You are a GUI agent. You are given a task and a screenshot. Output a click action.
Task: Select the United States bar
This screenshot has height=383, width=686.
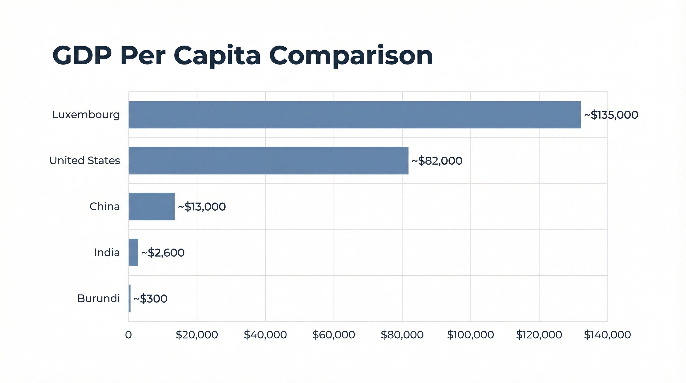coord(268,161)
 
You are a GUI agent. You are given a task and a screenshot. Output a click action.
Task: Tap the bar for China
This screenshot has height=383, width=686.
coord(152,206)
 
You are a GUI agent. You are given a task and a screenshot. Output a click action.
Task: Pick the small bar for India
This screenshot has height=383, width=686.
coord(133,253)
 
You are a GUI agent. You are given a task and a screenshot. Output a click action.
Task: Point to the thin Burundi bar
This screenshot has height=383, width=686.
coord(130,298)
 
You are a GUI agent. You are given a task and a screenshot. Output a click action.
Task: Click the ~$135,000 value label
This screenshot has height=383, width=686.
coord(611,115)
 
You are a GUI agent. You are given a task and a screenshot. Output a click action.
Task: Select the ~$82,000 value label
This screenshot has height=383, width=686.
coord(437,161)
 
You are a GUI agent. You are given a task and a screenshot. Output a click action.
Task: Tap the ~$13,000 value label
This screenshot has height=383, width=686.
coord(202,207)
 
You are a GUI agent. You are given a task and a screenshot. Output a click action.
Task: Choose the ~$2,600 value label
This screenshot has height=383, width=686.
coord(163,253)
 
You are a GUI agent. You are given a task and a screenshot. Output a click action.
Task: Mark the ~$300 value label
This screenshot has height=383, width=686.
coord(151,298)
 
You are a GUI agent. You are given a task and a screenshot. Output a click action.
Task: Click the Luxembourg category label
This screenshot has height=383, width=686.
coord(86,115)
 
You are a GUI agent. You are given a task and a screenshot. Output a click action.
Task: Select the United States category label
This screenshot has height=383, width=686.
coord(85,161)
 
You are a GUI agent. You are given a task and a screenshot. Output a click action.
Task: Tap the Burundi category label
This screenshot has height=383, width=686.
coord(98,298)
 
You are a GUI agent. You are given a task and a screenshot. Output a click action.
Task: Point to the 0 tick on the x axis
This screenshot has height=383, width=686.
coord(128,335)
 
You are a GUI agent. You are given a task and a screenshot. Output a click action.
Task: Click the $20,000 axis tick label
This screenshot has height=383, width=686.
coord(197,335)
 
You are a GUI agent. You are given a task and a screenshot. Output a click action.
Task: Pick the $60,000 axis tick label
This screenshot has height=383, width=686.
coord(334,335)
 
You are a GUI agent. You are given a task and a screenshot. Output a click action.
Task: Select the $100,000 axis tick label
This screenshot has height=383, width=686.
coord(470,335)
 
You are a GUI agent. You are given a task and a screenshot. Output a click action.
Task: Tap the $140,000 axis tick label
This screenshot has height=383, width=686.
coord(607,335)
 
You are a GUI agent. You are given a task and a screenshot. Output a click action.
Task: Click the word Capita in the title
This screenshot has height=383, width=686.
coord(217,56)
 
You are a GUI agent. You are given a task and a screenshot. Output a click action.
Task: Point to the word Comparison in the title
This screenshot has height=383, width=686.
coord(351,56)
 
